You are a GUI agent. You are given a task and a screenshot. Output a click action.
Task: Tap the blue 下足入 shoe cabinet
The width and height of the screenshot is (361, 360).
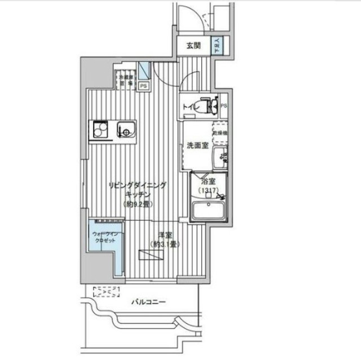click(x=218, y=46)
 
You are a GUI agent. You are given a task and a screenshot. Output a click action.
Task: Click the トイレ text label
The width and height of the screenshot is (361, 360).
click(x=190, y=106)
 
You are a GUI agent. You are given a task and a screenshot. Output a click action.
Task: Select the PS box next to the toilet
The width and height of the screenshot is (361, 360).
click(x=224, y=106)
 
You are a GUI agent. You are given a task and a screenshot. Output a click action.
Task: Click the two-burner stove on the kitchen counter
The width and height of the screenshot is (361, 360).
click(x=100, y=131)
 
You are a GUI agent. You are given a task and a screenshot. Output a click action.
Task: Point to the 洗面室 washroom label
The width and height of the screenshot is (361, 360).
click(x=198, y=145)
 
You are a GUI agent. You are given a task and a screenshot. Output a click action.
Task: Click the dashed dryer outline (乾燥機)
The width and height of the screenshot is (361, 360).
click(x=220, y=131)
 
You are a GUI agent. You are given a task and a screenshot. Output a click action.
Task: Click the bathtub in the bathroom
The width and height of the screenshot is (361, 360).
click(x=209, y=212)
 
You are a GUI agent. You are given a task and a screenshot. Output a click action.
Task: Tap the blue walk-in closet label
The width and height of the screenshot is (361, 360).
click(x=104, y=237)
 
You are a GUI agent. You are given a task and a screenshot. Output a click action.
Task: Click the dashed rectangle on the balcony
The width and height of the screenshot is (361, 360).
click(x=107, y=292)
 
